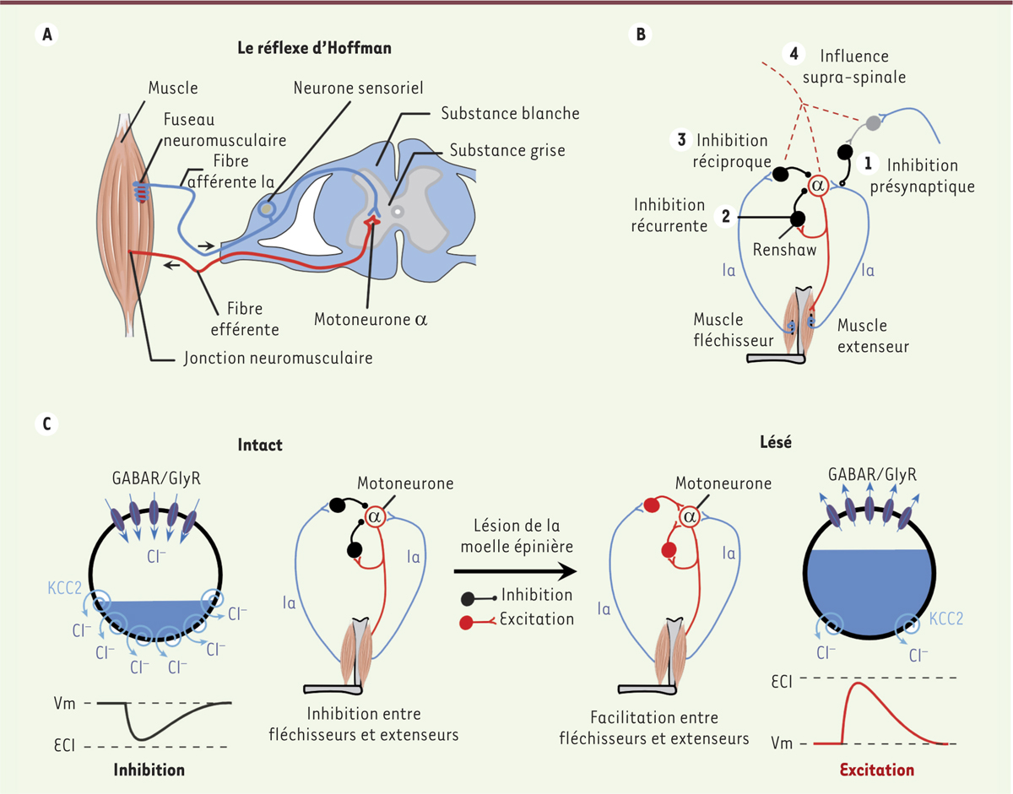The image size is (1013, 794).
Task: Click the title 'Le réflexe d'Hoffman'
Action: coord(314,48)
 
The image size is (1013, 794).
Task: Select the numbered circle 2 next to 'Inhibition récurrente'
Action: coord(723,216)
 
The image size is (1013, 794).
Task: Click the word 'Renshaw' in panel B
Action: coord(781,251)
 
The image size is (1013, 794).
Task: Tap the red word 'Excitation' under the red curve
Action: coord(876,770)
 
